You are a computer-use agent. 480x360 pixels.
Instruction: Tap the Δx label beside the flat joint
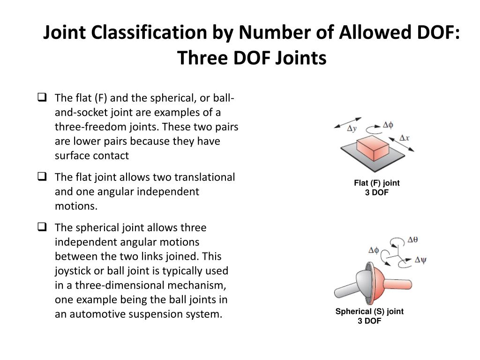coord(404,138)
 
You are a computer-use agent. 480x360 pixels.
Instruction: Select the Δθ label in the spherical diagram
coord(412,240)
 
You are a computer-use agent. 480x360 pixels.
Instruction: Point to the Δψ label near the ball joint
coord(420,259)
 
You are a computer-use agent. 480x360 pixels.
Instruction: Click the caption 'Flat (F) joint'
coord(376,183)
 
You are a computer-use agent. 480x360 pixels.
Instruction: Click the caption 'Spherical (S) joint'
coord(369,311)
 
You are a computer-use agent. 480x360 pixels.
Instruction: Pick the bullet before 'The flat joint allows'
coord(41,177)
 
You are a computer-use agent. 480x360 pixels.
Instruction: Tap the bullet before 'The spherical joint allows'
coord(41,227)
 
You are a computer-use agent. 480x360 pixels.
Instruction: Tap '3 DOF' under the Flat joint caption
coord(376,193)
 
